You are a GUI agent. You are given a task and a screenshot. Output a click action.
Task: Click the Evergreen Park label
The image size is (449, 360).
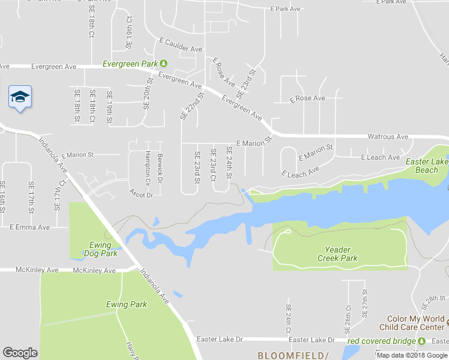point(130,64)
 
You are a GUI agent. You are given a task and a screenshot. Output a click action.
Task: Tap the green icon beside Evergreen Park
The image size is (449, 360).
point(163,64)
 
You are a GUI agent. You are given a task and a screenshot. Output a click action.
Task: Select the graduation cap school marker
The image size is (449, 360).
point(20,97)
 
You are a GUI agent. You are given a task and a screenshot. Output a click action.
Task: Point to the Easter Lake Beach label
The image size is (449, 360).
point(427,166)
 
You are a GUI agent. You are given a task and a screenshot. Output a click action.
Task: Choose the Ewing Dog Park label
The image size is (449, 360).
point(100,249)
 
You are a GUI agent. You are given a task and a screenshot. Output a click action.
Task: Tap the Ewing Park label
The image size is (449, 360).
point(127,304)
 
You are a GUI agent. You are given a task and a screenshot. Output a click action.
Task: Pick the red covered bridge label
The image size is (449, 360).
point(382,341)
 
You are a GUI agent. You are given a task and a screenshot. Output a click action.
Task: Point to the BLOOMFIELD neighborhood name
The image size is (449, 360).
point(293,355)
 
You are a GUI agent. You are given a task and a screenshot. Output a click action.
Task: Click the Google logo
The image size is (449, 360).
point(20,353)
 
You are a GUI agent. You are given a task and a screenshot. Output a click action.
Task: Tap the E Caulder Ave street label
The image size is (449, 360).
point(181,46)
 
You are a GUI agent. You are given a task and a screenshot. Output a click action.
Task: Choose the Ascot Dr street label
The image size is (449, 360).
point(141,194)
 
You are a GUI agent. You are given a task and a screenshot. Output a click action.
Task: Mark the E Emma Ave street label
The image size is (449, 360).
point(29,227)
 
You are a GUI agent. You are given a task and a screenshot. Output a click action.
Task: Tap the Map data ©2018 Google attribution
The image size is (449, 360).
point(412,355)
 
